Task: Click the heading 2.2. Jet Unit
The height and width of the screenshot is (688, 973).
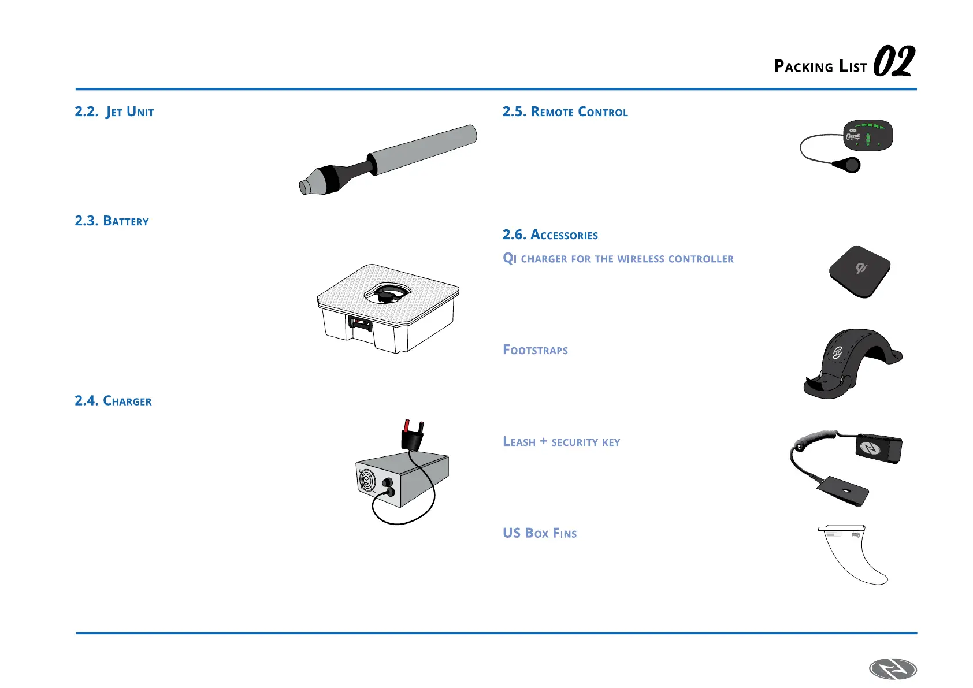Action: coord(114,111)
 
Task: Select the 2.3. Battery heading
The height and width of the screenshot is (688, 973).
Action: coord(112,221)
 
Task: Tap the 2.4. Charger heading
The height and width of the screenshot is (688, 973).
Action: coord(113,401)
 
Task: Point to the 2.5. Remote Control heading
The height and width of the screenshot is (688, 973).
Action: coord(565,111)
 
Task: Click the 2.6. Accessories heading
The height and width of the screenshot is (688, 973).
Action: coord(550,235)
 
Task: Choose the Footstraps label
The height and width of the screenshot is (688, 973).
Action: coord(535,350)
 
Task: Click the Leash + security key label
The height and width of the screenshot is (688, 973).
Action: coord(561,442)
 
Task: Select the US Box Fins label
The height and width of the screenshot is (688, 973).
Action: coord(539,533)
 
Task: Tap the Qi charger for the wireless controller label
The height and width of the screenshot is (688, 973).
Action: coord(618,258)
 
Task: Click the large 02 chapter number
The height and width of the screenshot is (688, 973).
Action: coord(893,62)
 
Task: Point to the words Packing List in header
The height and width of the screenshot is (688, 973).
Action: coord(820,66)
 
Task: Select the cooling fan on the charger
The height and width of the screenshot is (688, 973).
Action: coord(367,481)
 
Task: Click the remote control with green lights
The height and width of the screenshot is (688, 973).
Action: coord(867,136)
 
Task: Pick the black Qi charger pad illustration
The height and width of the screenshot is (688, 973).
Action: coord(859,271)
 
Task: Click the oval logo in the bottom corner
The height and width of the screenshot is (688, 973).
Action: coord(893,670)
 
